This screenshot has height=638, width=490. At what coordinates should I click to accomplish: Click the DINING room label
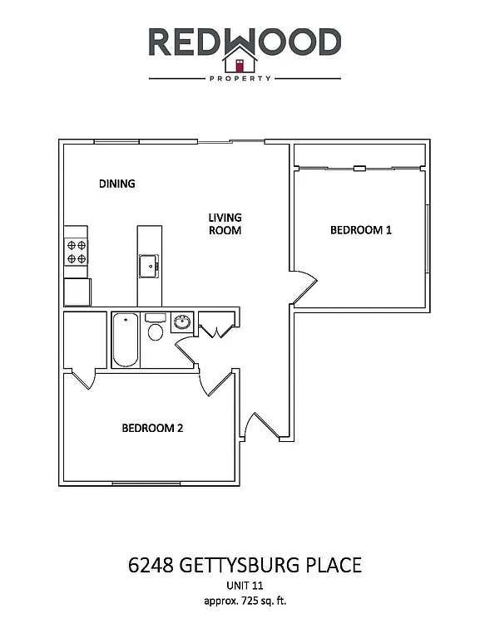click(x=116, y=184)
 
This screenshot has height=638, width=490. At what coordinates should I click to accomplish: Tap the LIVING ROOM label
click(x=225, y=224)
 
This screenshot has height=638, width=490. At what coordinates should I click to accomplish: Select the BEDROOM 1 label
click(x=360, y=230)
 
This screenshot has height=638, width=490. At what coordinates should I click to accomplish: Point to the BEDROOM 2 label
click(x=152, y=429)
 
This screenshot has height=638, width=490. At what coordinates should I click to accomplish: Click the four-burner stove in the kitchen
click(x=77, y=251)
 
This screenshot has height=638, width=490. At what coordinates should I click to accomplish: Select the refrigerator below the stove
click(x=77, y=292)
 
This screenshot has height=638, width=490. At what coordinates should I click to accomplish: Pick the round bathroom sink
click(x=182, y=321)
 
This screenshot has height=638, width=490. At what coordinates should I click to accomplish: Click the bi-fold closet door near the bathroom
click(x=215, y=330)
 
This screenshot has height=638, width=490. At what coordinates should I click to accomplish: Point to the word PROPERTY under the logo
click(x=245, y=79)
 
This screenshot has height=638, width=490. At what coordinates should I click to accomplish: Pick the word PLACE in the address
click(x=333, y=567)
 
